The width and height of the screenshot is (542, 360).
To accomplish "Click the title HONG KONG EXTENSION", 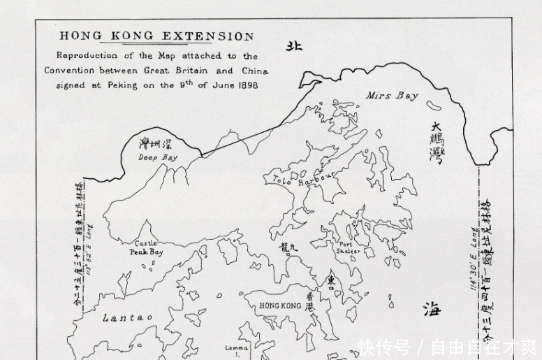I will tap(156, 36).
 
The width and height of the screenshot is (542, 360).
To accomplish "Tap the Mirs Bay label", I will tap(392, 95).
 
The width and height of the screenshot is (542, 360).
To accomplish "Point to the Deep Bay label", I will tap(157, 158).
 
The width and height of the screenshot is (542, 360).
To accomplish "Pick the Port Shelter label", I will tap(348, 247).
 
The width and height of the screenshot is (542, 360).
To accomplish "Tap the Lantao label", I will tap(127, 317).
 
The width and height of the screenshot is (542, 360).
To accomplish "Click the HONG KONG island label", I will tap(280, 305).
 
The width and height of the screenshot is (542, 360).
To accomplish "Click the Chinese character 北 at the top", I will tap(294, 46).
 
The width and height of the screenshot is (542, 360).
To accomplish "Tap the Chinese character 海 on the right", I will tap(432, 310).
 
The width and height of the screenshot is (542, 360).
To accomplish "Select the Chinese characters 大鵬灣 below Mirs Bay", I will tap(436, 143).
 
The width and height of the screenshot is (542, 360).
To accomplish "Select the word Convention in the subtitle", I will tap(73, 71).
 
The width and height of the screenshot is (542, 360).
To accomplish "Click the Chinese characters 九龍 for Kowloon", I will tap(292, 246).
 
